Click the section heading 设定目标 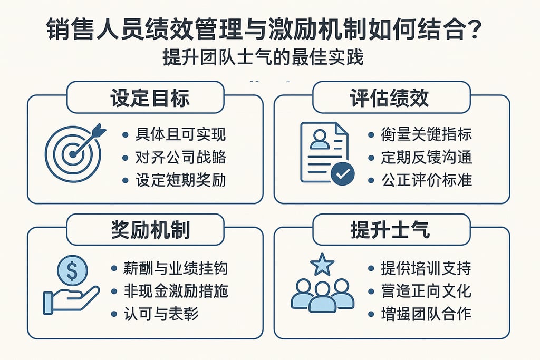tap(150, 98)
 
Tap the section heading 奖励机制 tap(150, 230)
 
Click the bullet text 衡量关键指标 tap(426, 134)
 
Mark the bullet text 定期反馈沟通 tap(426, 157)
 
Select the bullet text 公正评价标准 tap(426, 180)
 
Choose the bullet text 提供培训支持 tap(426, 268)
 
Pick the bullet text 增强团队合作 tap(426, 314)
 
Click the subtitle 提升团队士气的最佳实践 tap(264, 57)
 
